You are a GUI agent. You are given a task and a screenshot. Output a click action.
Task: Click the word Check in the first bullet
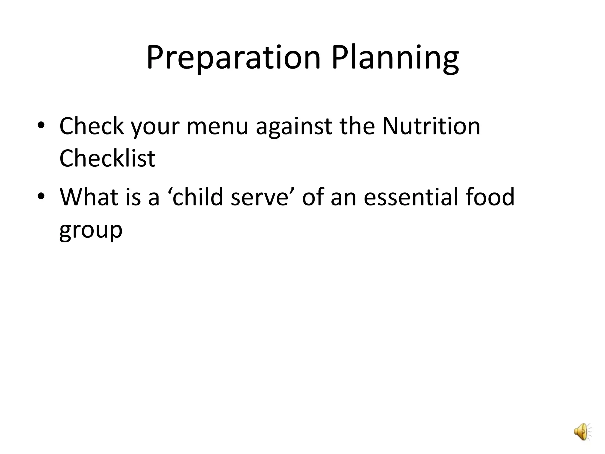91,126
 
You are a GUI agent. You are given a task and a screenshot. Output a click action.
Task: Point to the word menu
217,126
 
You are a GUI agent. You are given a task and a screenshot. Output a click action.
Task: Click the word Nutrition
431,126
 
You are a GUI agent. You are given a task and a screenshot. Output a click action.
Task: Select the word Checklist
107,158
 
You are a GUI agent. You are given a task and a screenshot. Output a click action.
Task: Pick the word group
91,230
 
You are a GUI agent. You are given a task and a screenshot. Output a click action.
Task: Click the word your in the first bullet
155,126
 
